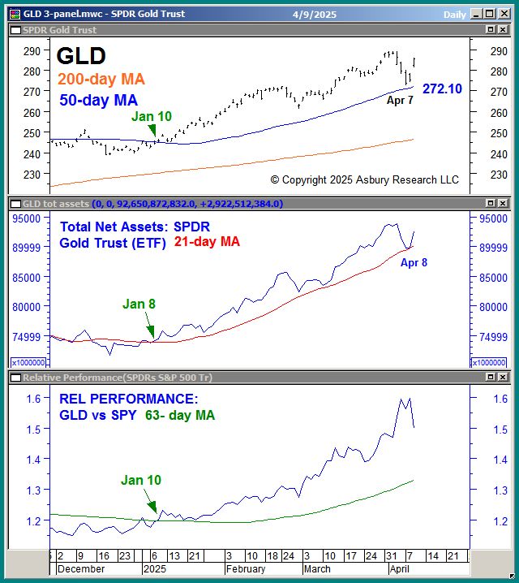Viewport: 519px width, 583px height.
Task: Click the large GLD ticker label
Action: tap(81, 56)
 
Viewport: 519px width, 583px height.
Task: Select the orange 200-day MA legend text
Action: tap(101, 79)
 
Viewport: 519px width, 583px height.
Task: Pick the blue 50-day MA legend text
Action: tap(98, 101)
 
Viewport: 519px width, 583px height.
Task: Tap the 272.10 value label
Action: tap(443, 89)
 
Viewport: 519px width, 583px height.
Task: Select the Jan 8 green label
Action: tap(139, 304)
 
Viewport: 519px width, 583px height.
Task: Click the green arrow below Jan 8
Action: tap(152, 330)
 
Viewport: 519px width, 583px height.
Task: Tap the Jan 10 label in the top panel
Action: tap(152, 116)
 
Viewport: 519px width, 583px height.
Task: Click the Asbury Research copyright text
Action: tap(364, 179)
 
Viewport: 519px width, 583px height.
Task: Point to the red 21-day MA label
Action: tap(207, 242)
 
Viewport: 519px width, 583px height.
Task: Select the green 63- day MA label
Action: tap(180, 415)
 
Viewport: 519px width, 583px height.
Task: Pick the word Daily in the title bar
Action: tap(455, 15)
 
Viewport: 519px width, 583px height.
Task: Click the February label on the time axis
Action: tap(246, 569)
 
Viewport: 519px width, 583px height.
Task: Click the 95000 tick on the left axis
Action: tap(26, 218)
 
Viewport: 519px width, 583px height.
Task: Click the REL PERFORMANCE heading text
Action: tap(128, 399)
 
